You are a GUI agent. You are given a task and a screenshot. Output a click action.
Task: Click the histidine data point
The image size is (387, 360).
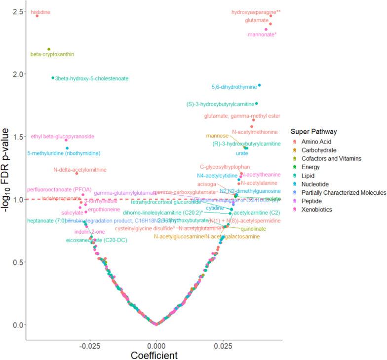pos(37,16)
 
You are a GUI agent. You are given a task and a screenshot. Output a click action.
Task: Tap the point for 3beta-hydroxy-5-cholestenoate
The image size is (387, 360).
pos(53,78)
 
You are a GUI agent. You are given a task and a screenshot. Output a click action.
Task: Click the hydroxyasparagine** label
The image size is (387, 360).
pos(253,12)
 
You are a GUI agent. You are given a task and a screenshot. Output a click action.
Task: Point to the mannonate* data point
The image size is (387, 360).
pos(266,29)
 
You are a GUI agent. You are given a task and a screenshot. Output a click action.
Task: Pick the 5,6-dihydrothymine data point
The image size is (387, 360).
pos(259,85)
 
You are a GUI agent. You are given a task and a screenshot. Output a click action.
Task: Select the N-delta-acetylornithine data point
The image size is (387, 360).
pos(77,173)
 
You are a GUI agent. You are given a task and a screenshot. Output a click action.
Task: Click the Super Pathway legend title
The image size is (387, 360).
pos(313,132)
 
